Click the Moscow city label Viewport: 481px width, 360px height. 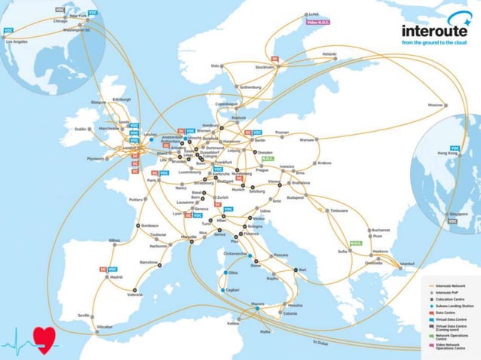tap(435, 105)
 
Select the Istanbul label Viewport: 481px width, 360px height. tap(407, 263)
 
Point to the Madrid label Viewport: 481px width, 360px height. tap(116, 277)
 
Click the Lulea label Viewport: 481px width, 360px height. tap(313, 14)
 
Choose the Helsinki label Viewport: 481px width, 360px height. tap(329, 53)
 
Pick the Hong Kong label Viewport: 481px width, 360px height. tap(448, 154)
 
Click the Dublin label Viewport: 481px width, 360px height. tap(81, 129)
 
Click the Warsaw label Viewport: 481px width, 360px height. tap(307, 139)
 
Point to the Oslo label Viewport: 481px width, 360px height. tap(216, 65)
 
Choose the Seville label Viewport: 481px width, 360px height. tap(84, 315)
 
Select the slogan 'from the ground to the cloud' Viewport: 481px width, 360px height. tap(434, 43)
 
